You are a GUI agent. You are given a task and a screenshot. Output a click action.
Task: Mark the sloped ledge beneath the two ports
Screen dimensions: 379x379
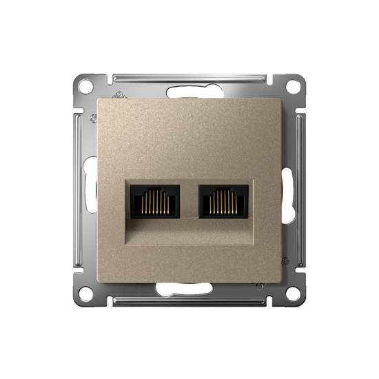189,234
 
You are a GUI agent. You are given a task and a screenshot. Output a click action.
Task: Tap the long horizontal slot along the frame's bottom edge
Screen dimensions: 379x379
189,302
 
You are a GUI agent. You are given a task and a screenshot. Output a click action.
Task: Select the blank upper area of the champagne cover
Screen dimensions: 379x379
189,138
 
